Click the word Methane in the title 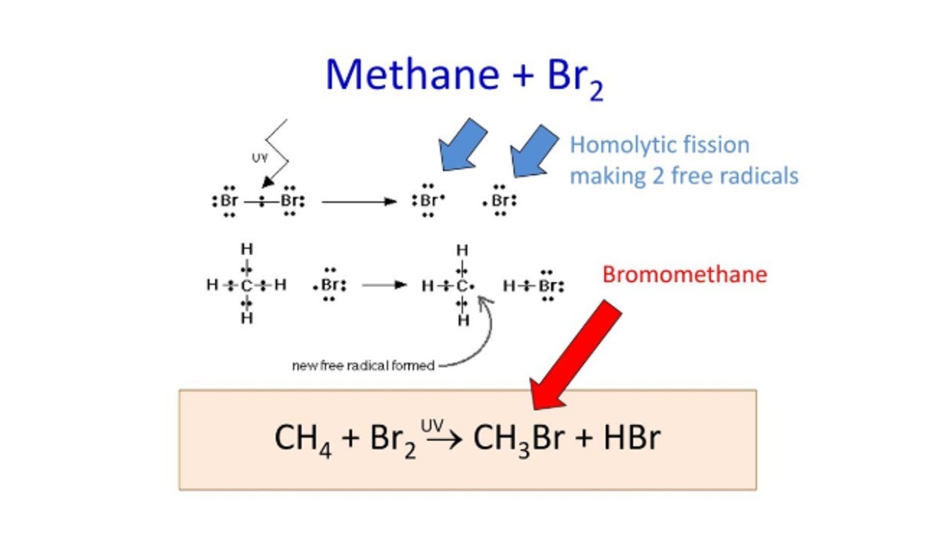[x=412, y=75]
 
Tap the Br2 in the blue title [x=575, y=79]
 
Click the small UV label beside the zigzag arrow [x=260, y=158]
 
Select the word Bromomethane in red [x=685, y=274]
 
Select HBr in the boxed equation [x=632, y=438]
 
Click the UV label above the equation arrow [x=432, y=426]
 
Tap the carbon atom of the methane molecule [x=246, y=286]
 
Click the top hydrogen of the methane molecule [x=247, y=249]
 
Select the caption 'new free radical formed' [x=364, y=366]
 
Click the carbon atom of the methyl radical [x=462, y=286]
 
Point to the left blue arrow [x=462, y=145]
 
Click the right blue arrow [x=534, y=151]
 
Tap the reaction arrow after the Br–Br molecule [x=358, y=202]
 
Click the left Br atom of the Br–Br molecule [x=229, y=200]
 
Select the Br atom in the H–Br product [x=548, y=286]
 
